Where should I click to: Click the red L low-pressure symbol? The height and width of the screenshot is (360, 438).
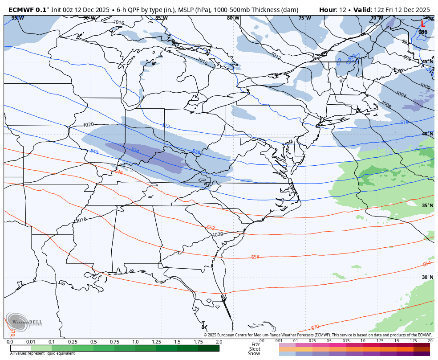pyautogui.click(x=423, y=25)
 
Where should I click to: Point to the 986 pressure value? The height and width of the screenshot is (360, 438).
pyautogui.click(x=423, y=32)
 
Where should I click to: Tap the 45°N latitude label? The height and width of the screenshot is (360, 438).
pyautogui.click(x=427, y=62)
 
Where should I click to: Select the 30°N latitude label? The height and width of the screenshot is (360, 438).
pyautogui.click(x=427, y=277)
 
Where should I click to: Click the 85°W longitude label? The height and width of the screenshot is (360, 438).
pyautogui.click(x=161, y=18)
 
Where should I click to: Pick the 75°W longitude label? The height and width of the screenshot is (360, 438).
pyautogui.click(x=304, y=18)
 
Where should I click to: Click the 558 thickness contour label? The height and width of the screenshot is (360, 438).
pyautogui.click(x=255, y=257)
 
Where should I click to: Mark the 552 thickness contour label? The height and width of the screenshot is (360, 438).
pyautogui.click(x=211, y=228)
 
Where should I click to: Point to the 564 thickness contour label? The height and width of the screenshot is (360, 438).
pyautogui.click(x=426, y=264)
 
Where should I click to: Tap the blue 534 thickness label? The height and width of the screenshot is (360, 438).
pyautogui.click(x=135, y=151)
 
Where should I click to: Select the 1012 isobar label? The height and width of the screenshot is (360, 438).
pyautogui.click(x=276, y=55)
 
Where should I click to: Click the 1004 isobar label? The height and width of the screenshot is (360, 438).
pyautogui.click(x=401, y=94)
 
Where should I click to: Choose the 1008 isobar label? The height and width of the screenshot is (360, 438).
pyautogui.click(x=385, y=105)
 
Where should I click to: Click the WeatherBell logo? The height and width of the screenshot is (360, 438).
pyautogui.click(x=24, y=322)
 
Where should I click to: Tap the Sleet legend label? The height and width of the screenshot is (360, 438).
pyautogui.click(x=255, y=349)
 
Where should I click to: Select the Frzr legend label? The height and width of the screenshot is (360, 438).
pyautogui.click(x=255, y=345)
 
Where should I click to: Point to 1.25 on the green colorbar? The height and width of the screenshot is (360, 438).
pyautogui.click(x=156, y=342)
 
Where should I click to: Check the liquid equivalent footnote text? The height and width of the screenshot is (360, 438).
pyautogui.click(x=42, y=353)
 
